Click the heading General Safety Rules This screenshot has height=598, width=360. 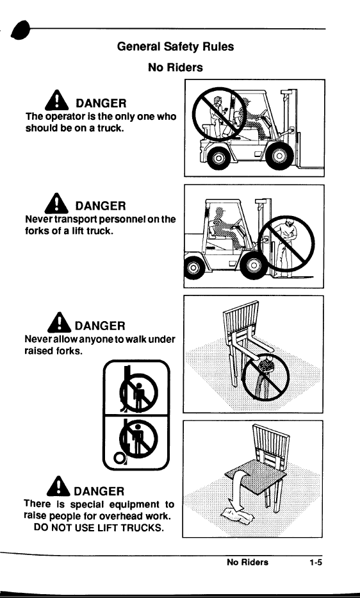(x=176, y=47)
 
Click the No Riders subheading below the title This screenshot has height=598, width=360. (x=176, y=67)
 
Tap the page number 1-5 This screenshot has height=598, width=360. (x=316, y=562)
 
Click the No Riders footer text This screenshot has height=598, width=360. (x=247, y=562)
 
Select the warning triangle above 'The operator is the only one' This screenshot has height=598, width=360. (x=57, y=100)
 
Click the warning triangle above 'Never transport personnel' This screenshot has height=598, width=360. (x=56, y=203)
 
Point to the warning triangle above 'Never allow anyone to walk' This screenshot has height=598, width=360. (x=59, y=322)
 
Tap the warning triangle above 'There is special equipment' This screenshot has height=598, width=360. (x=58, y=486)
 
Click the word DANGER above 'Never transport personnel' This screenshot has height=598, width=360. (x=101, y=206)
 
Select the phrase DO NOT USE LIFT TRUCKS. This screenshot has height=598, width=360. (x=99, y=528)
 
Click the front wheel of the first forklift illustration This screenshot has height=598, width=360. (x=279, y=156)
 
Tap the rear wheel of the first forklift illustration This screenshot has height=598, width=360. (x=218, y=158)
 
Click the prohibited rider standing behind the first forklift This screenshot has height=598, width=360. (x=218, y=116)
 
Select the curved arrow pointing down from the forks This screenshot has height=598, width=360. (x=238, y=490)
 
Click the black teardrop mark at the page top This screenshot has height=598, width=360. (x=20, y=29)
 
